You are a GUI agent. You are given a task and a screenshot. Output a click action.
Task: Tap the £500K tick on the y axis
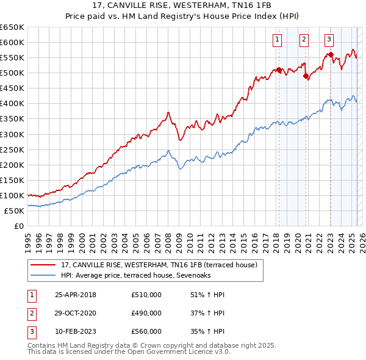point(12,73)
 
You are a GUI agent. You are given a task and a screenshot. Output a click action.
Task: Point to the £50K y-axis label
point(14,211)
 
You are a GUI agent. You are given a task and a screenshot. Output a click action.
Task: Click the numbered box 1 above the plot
point(277,40)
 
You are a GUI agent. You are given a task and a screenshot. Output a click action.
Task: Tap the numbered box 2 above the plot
point(304,40)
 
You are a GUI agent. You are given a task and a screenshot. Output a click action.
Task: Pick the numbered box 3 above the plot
point(329,40)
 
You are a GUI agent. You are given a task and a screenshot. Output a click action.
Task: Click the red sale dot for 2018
point(279,70)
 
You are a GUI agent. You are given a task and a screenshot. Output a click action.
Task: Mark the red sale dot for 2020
point(306,76)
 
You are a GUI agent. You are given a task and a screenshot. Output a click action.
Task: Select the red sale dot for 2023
point(331,55)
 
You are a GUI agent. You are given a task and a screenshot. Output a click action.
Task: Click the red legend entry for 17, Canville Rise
point(159,265)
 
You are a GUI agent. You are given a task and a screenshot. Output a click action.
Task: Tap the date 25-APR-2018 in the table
point(76,295)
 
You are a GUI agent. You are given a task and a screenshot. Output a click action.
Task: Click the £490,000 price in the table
point(146,313)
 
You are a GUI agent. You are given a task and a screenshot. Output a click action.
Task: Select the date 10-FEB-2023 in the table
point(76,331)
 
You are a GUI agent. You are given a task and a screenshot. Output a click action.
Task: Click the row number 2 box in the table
point(31,313)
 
